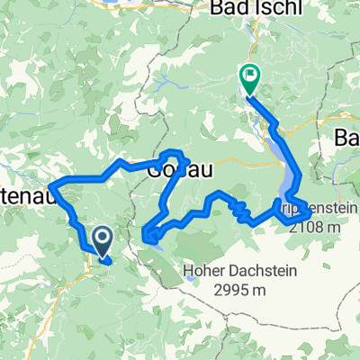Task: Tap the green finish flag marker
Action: (248, 78)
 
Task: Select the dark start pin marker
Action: (102, 239)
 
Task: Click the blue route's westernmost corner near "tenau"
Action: (50, 186)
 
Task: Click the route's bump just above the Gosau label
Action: (171, 152)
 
